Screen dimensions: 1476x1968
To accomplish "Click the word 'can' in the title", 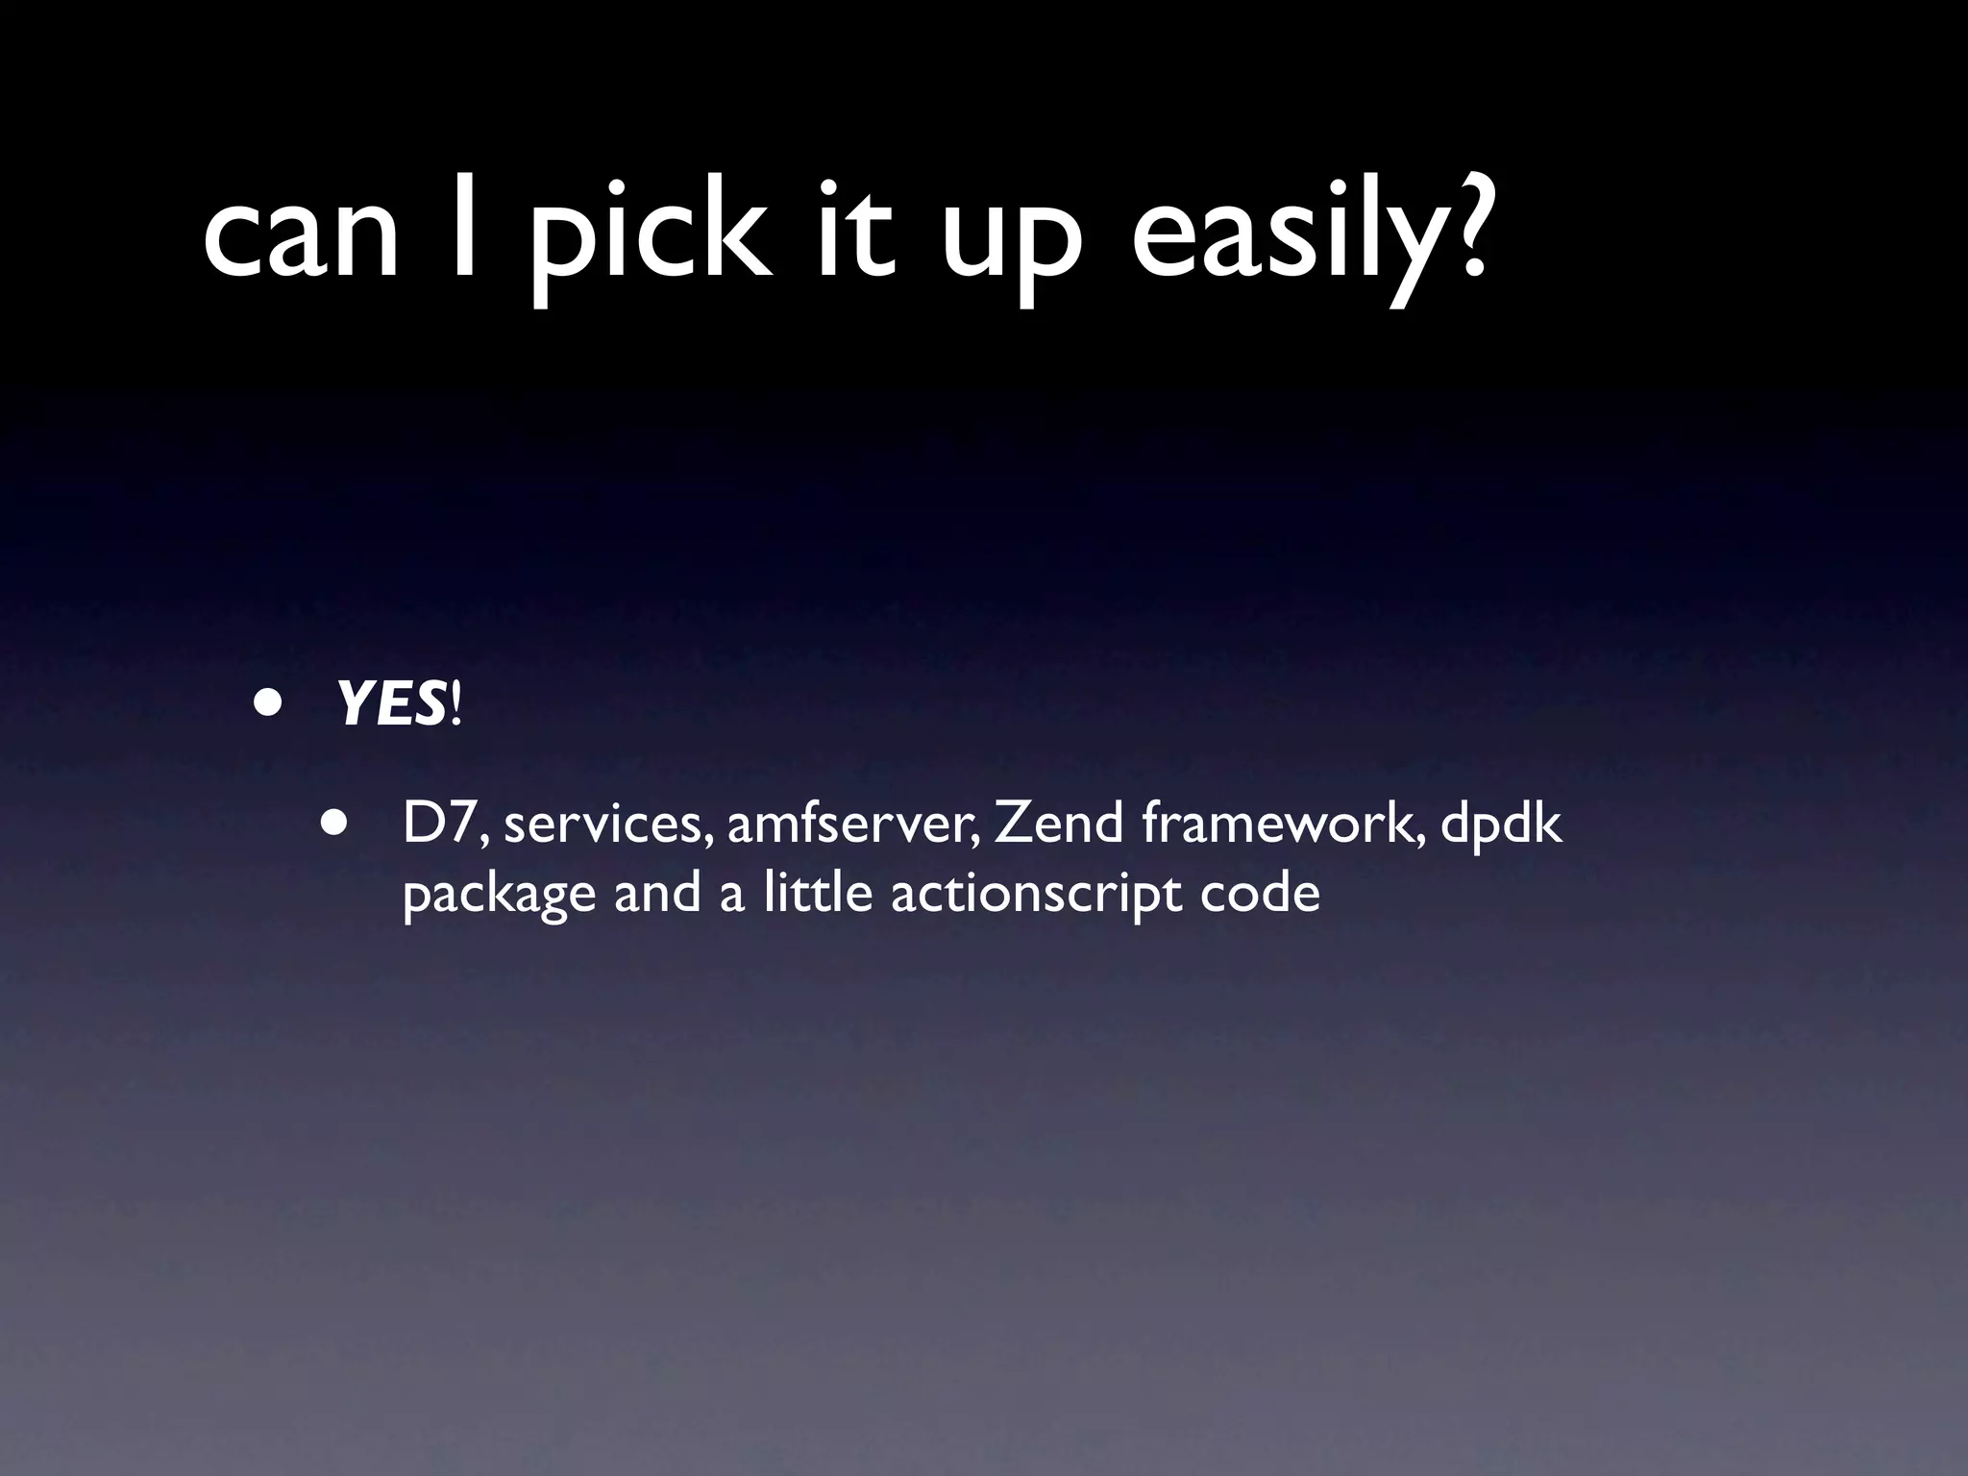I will tap(300, 236).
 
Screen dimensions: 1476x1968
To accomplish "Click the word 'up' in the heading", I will tap(1010, 245).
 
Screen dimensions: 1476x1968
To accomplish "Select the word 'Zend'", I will tap(1058, 824).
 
